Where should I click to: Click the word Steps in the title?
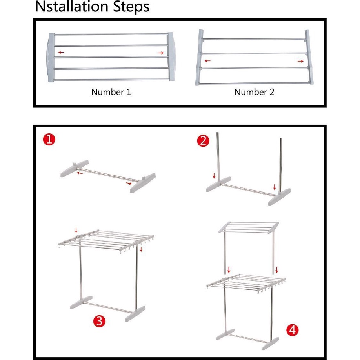tap(131, 7)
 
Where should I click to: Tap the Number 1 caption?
tap(111, 92)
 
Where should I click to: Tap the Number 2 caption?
tap(254, 92)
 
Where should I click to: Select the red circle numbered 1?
tap(49, 139)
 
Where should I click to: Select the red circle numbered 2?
tap(203, 141)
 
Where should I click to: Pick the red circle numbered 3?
tap(99, 321)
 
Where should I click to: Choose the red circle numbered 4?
tap(292, 330)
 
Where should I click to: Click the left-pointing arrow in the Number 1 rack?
tap(61, 52)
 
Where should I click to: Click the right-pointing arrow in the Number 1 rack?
tap(161, 53)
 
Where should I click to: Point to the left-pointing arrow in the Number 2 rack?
tap(207, 61)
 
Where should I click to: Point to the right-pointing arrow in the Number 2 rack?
tap(300, 61)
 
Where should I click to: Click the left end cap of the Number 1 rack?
tap(51, 57)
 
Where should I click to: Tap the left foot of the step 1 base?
tap(75, 168)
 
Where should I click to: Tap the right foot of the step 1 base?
tap(143, 183)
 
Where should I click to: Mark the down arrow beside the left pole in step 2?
tap(214, 176)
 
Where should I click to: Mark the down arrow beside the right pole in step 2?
tap(275, 187)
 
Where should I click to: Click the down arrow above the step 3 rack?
tap(76, 230)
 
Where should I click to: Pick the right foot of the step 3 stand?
tap(135, 314)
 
